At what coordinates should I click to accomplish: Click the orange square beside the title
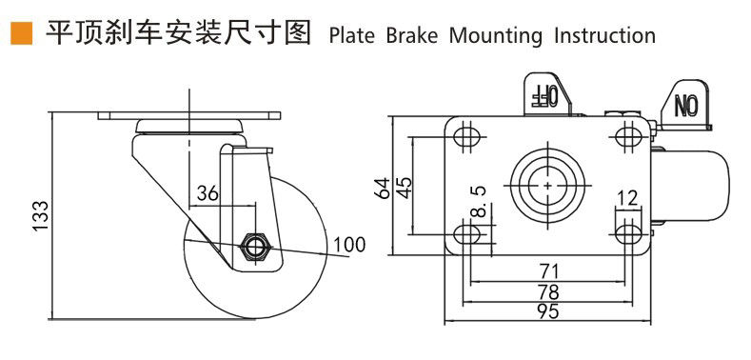click(21, 33)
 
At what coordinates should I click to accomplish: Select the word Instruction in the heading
click(604, 35)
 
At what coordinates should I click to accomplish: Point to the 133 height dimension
click(41, 215)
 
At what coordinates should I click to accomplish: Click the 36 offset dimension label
click(208, 193)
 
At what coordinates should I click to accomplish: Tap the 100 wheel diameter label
click(349, 245)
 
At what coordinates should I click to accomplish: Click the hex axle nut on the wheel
click(256, 247)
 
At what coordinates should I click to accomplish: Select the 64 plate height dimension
click(384, 189)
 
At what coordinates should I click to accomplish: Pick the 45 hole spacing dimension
click(404, 189)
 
